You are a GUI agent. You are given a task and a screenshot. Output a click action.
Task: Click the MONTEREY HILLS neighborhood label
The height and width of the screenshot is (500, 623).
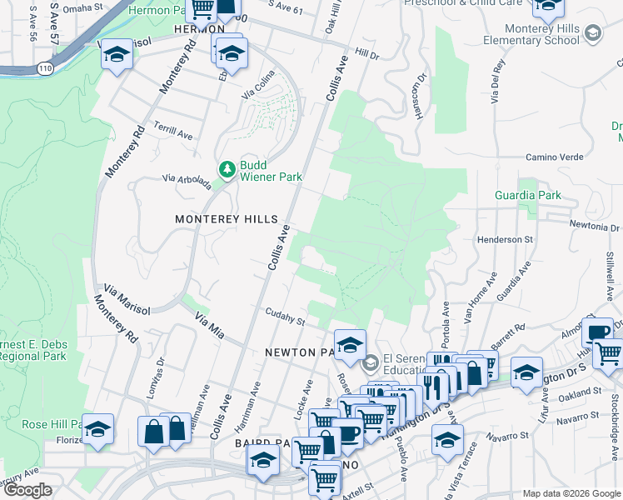[226, 218]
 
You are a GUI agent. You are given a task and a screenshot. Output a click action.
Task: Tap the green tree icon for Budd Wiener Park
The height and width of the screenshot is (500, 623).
[226, 170]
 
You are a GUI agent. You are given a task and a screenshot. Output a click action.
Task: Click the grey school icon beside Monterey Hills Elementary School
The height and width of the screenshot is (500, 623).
[593, 32]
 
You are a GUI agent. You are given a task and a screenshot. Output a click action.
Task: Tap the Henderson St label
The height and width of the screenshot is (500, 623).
[505, 239]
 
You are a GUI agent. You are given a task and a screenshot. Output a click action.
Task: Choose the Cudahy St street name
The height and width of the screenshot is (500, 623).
[286, 317]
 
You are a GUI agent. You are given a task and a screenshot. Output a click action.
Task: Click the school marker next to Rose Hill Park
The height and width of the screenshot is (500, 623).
[98, 429]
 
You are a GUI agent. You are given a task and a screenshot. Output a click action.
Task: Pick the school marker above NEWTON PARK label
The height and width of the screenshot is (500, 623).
[351, 343]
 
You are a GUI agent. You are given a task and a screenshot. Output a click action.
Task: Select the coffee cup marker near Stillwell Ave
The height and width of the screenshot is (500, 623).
[596, 332]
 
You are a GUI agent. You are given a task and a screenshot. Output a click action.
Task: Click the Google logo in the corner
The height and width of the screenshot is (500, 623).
[28, 490]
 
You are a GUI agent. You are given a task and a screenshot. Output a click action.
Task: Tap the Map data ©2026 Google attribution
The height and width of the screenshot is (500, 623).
[571, 493]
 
